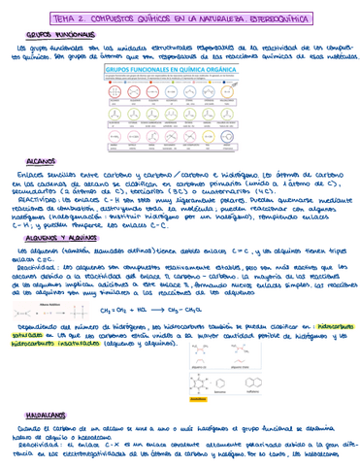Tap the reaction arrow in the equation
[187, 309]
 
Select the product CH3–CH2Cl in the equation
[214, 309]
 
